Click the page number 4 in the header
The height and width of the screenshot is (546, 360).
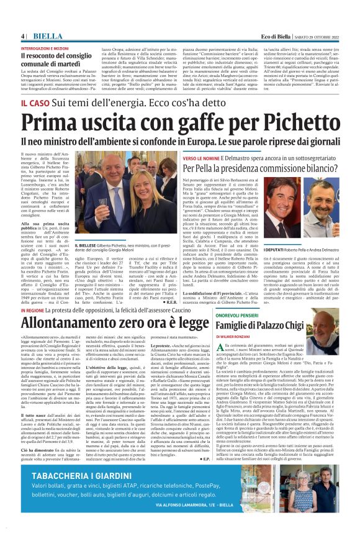point(22,37)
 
